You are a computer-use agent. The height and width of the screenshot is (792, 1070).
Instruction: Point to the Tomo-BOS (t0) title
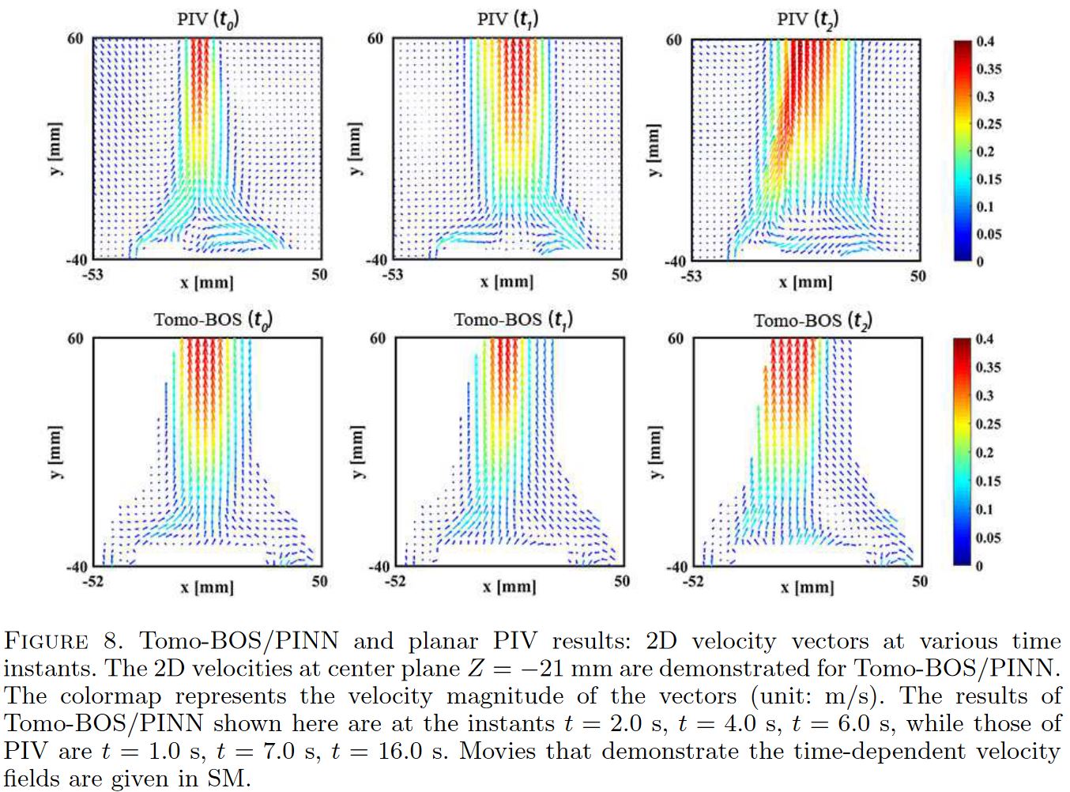213,319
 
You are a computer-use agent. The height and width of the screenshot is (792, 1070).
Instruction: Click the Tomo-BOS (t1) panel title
513,319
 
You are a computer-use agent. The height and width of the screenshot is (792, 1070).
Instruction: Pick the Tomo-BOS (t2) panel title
812,320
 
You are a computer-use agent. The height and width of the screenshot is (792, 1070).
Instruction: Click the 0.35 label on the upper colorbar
989,69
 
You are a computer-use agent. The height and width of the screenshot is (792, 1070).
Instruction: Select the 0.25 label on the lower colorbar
988,424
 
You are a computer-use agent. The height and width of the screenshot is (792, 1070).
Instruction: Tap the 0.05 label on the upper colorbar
989,234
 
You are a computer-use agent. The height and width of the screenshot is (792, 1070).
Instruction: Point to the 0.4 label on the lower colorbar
984,339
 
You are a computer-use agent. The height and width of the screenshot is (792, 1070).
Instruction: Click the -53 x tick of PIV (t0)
92,274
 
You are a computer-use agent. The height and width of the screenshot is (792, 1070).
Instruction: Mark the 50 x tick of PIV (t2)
917,276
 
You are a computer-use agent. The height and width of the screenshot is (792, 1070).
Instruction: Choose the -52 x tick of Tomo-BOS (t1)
394,581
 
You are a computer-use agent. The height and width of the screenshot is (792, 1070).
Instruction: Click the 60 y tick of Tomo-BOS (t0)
75,338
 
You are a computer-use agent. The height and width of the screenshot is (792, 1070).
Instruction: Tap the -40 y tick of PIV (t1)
376,259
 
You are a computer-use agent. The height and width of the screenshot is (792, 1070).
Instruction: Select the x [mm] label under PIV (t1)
507,282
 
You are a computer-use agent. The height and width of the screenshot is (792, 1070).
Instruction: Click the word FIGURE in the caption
46,641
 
